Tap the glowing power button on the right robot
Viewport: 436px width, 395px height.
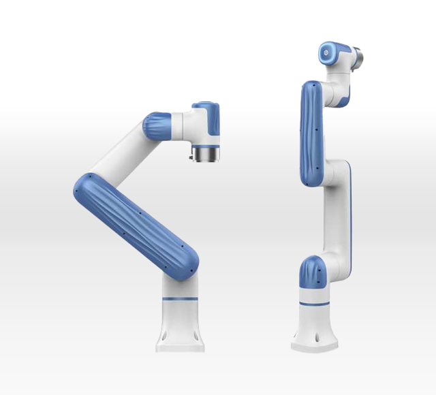click(x=328, y=52)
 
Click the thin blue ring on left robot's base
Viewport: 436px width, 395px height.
click(x=181, y=299)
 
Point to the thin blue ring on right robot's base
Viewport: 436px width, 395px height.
click(x=315, y=303)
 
